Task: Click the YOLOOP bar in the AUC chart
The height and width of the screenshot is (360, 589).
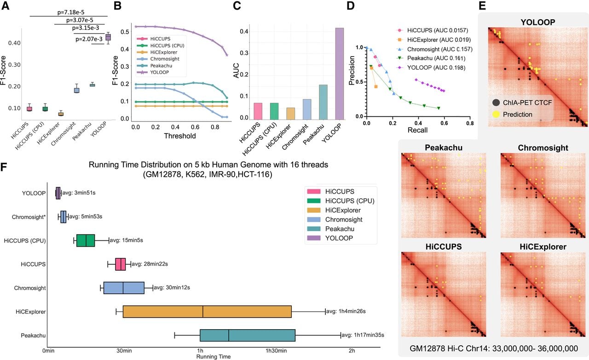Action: (x=340, y=74)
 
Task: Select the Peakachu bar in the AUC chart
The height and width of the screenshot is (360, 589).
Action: (x=323, y=102)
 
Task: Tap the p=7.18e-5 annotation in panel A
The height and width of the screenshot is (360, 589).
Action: (x=71, y=12)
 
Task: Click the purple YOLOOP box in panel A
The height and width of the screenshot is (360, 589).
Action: (x=108, y=37)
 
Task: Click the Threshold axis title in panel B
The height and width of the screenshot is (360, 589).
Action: (x=180, y=136)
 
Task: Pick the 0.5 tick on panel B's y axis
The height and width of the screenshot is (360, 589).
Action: (x=124, y=32)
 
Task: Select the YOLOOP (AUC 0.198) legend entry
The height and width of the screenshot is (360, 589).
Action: (x=431, y=68)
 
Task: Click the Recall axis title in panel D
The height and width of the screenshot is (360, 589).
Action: (x=417, y=130)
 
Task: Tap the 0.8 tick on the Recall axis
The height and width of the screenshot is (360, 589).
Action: (x=470, y=123)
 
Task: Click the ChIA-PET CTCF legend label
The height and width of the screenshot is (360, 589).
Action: (x=527, y=103)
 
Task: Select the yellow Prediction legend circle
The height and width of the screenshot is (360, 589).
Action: (x=496, y=115)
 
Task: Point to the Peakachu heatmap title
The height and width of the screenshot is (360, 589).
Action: (x=444, y=148)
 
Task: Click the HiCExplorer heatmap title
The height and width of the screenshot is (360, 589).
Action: (x=543, y=247)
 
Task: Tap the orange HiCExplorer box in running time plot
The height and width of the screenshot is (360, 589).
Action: (x=207, y=312)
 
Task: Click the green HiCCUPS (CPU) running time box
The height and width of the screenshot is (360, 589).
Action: (x=86, y=240)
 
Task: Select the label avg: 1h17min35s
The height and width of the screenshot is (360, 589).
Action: (x=363, y=335)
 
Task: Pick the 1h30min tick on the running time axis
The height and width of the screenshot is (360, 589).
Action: (x=276, y=351)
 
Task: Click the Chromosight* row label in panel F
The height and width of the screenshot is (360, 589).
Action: (x=29, y=217)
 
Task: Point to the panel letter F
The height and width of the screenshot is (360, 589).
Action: (x=4, y=167)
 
